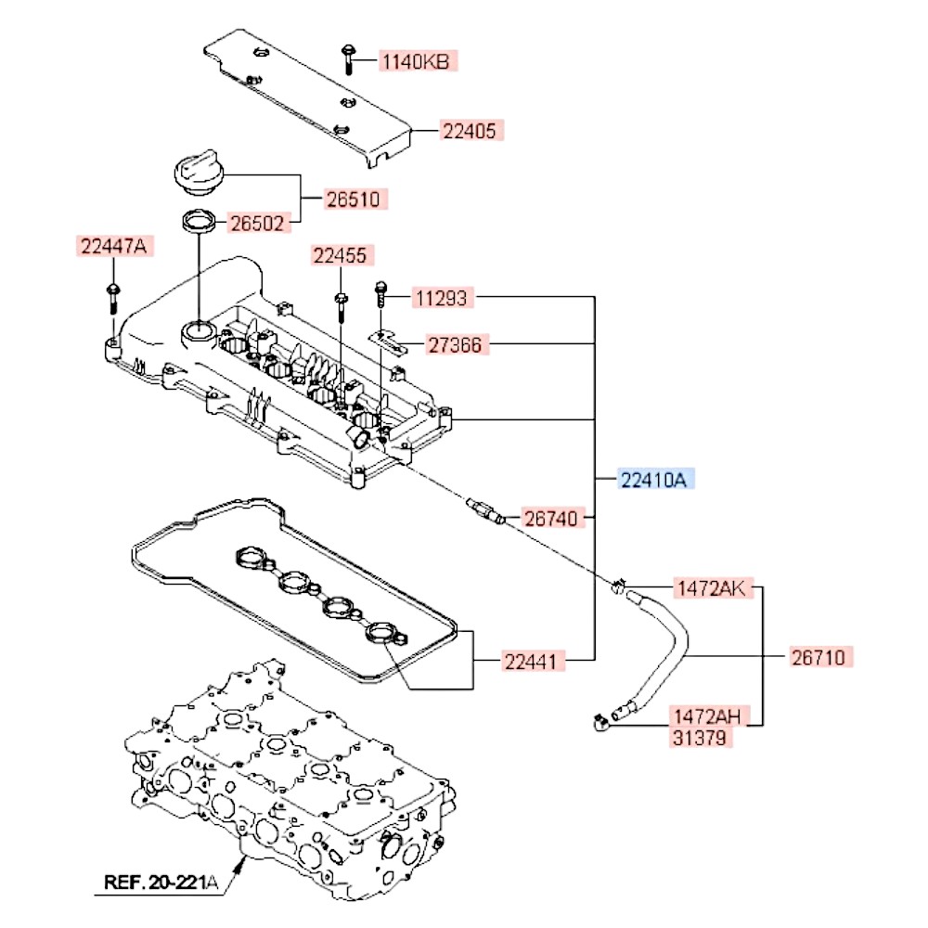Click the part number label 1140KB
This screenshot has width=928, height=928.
pyautogui.click(x=417, y=62)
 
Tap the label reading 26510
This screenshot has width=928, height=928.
pyautogui.click(x=354, y=199)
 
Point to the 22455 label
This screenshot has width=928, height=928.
pyautogui.click(x=340, y=255)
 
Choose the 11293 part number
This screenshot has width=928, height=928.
pyautogui.click(x=443, y=298)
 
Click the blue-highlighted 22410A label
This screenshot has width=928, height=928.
pyautogui.click(x=654, y=480)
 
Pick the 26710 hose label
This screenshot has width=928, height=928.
pyautogui.click(x=818, y=657)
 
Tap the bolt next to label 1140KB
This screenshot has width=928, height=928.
pyautogui.click(x=347, y=58)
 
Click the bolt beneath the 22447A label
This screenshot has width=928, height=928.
pyautogui.click(x=112, y=298)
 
